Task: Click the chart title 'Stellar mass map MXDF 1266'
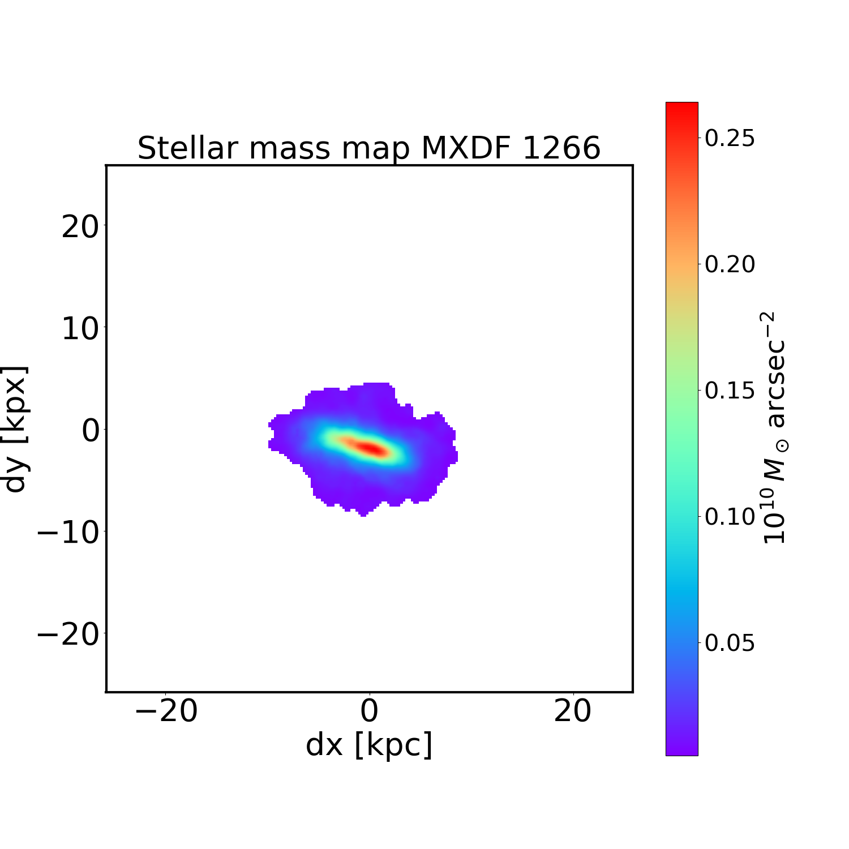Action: coord(369,148)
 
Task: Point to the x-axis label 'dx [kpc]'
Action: coord(369,744)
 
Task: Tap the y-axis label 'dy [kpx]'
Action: coord(15,429)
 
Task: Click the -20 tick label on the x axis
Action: coord(165,711)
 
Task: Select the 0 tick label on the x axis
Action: coord(369,711)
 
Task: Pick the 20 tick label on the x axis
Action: coord(573,711)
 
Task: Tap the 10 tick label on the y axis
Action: coord(79,328)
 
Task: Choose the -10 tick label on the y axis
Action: coord(68,532)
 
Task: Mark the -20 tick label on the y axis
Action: coord(68,634)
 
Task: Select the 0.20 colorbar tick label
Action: coord(730,264)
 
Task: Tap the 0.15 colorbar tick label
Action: coord(730,391)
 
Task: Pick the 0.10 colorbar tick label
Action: coord(730,517)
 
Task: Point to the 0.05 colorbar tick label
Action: coord(730,643)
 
